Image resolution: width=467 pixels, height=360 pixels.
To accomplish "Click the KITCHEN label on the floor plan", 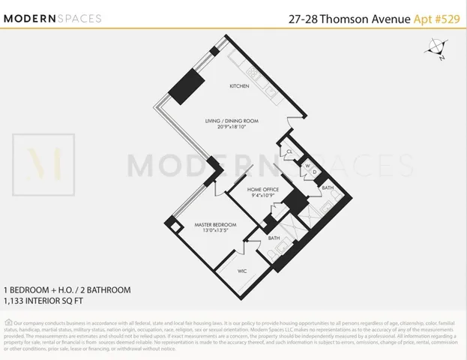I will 239,86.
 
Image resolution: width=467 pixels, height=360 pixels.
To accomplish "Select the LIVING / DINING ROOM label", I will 232,121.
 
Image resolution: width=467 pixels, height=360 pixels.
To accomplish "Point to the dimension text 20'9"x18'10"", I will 232,128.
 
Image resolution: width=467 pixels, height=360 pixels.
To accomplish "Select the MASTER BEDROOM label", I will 215,225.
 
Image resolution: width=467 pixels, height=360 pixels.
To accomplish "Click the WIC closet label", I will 242,270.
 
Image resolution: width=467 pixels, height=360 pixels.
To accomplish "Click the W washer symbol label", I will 306,166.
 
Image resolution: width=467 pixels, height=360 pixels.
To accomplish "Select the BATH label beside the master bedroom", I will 274,238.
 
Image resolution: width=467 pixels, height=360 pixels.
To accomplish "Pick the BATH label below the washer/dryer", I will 328,187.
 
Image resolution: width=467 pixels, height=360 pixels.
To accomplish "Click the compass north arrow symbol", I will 434,52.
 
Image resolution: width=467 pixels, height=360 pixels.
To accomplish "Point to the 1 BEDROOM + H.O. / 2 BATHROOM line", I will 67,289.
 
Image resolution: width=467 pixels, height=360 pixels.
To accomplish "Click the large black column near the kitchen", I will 184,91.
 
